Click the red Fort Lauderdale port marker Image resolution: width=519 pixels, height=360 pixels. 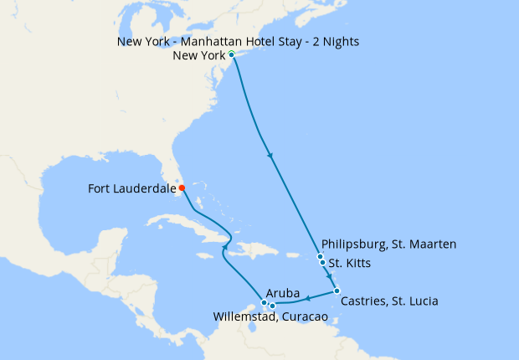pyautogui.click(x=182, y=188)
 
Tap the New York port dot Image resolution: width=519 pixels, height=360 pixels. pyautogui.click(x=231, y=55)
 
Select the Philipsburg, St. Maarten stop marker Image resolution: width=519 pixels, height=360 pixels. pyautogui.click(x=321, y=256)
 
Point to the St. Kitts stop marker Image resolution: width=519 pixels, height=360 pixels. pyautogui.click(x=323, y=263)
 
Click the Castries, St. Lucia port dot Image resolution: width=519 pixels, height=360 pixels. pyautogui.click(x=337, y=291)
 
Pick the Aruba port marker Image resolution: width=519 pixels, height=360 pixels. pyautogui.click(x=264, y=302)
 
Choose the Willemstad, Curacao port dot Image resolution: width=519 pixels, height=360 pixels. pyautogui.click(x=273, y=306)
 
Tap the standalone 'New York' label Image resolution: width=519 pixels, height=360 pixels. pyautogui.click(x=198, y=56)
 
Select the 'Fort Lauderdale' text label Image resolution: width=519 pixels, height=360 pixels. pyautogui.click(x=131, y=189)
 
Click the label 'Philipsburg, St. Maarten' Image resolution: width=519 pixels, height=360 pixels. pyautogui.click(x=388, y=244)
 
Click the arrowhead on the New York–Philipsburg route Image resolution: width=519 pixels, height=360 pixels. pyautogui.click(x=270, y=155)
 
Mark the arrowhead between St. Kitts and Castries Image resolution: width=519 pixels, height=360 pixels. pyautogui.click(x=329, y=277)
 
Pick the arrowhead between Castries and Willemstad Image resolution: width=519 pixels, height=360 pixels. pyautogui.click(x=308, y=298)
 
